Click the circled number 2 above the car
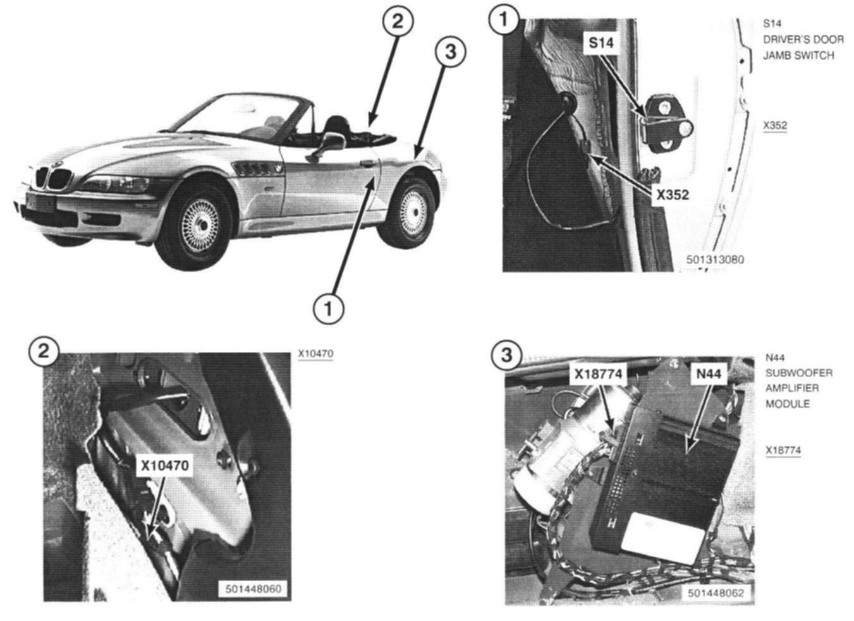[397, 21]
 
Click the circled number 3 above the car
[450, 51]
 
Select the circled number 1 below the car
[328, 308]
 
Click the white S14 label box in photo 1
[601, 43]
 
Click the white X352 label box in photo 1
[672, 195]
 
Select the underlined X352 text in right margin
[775, 125]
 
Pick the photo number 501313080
[715, 260]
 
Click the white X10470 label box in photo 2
[164, 466]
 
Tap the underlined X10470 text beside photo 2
[315, 354]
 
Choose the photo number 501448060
[253, 589]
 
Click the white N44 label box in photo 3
[708, 374]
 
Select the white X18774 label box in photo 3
[597, 374]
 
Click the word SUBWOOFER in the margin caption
[798, 373]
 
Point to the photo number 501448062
[716, 593]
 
